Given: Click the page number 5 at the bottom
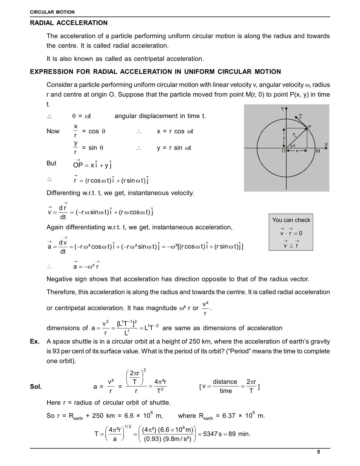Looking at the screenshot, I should click(x=318, y=452).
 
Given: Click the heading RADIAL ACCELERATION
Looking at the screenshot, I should click(x=69, y=23).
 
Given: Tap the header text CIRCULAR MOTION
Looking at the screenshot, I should click(x=52, y=12).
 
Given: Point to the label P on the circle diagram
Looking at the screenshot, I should click(x=309, y=127).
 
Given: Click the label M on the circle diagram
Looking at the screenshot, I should click(x=318, y=151).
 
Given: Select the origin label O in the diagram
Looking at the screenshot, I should click(x=283, y=151).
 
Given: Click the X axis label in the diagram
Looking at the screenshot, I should click(x=326, y=144).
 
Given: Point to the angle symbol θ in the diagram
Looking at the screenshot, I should click(x=294, y=145).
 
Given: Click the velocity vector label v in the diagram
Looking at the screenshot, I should click(x=300, y=117).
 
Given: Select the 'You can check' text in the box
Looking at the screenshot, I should click(x=291, y=220).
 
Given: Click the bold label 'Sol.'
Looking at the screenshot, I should click(x=36, y=387).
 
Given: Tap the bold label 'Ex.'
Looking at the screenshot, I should click(x=35, y=341).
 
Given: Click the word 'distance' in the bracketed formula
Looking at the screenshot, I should click(x=225, y=382).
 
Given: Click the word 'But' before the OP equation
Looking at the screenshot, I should click(x=51, y=163).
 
